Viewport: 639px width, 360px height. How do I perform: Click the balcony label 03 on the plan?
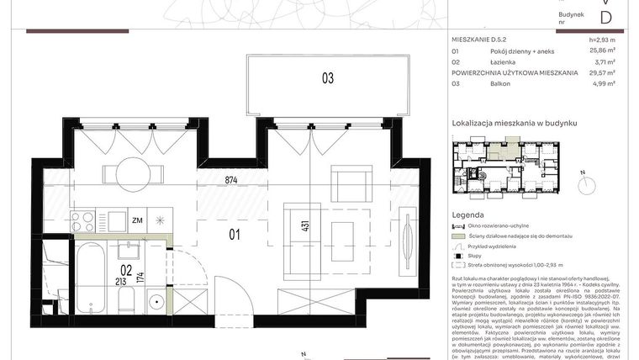[x=327, y=78]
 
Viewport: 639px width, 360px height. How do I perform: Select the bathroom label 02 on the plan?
[x=125, y=270]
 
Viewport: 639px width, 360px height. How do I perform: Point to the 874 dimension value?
[x=233, y=179]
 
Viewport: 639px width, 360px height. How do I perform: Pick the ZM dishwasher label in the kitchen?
[x=137, y=220]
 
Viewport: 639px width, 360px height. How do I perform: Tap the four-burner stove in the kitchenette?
[x=83, y=221]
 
